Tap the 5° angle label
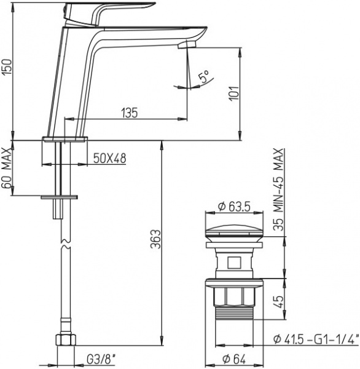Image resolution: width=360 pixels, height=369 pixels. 203,77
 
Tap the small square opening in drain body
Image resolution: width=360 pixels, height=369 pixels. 233,264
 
